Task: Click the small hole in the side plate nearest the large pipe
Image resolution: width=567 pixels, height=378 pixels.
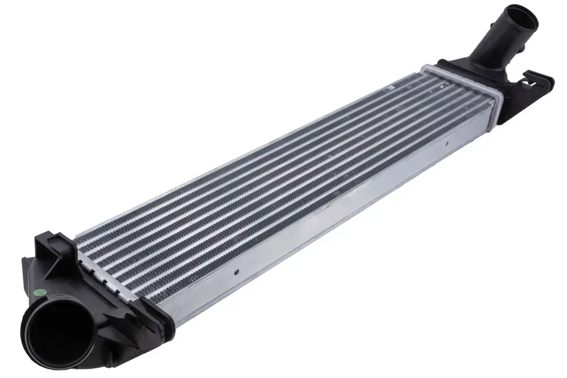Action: click(237, 273)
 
